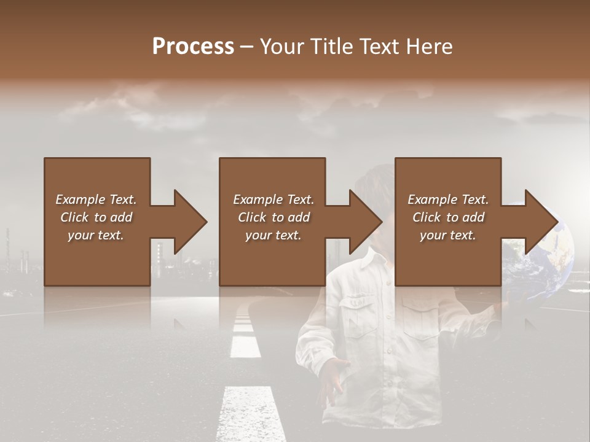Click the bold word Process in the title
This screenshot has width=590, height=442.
click(193, 46)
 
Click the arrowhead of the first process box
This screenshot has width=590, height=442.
click(191, 222)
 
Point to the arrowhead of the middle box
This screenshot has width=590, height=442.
click(366, 222)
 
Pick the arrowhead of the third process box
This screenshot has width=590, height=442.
click(541, 222)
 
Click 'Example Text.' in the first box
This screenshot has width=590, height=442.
click(96, 200)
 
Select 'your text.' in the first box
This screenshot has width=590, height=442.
click(96, 235)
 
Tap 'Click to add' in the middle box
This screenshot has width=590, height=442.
click(273, 217)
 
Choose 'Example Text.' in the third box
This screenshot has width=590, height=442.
click(448, 200)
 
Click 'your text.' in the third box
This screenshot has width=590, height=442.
click(448, 235)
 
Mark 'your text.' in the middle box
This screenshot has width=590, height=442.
click(273, 235)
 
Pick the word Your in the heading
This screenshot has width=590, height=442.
click(281, 46)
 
